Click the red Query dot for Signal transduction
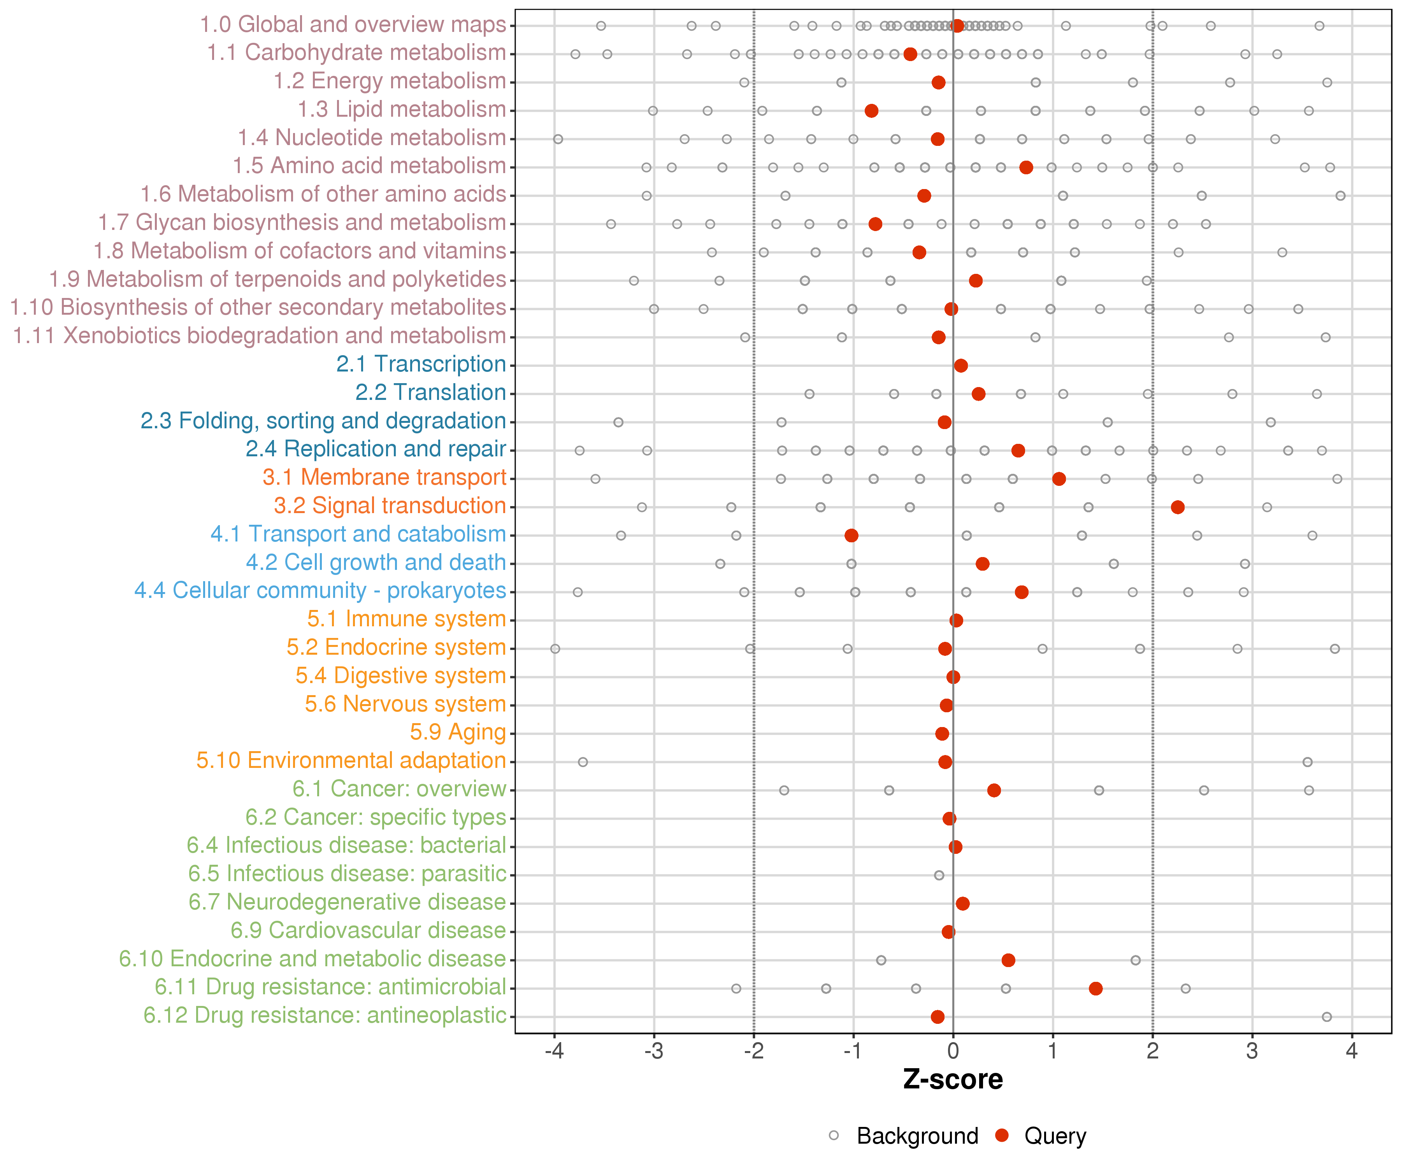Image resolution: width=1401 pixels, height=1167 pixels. [1178, 508]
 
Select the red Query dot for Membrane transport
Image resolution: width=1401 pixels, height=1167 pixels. [1059, 479]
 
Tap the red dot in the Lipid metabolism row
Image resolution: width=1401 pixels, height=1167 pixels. [871, 111]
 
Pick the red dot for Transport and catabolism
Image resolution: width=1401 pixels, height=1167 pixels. [851, 536]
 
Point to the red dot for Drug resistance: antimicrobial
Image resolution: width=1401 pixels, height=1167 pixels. [1096, 988]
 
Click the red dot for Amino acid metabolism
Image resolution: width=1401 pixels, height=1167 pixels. [1026, 167]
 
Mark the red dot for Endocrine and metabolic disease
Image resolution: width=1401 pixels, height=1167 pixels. [1008, 960]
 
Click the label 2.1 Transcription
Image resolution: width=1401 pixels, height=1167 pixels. [421, 364]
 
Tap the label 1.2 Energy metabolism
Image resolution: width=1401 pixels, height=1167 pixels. [390, 81]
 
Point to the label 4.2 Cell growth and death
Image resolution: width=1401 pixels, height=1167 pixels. [376, 563]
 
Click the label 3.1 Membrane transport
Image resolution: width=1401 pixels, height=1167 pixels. [384, 477]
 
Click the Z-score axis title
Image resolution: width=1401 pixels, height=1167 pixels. [953, 1079]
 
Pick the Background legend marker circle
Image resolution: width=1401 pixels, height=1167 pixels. [834, 1135]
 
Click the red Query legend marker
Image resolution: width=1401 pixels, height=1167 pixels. [1001, 1135]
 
